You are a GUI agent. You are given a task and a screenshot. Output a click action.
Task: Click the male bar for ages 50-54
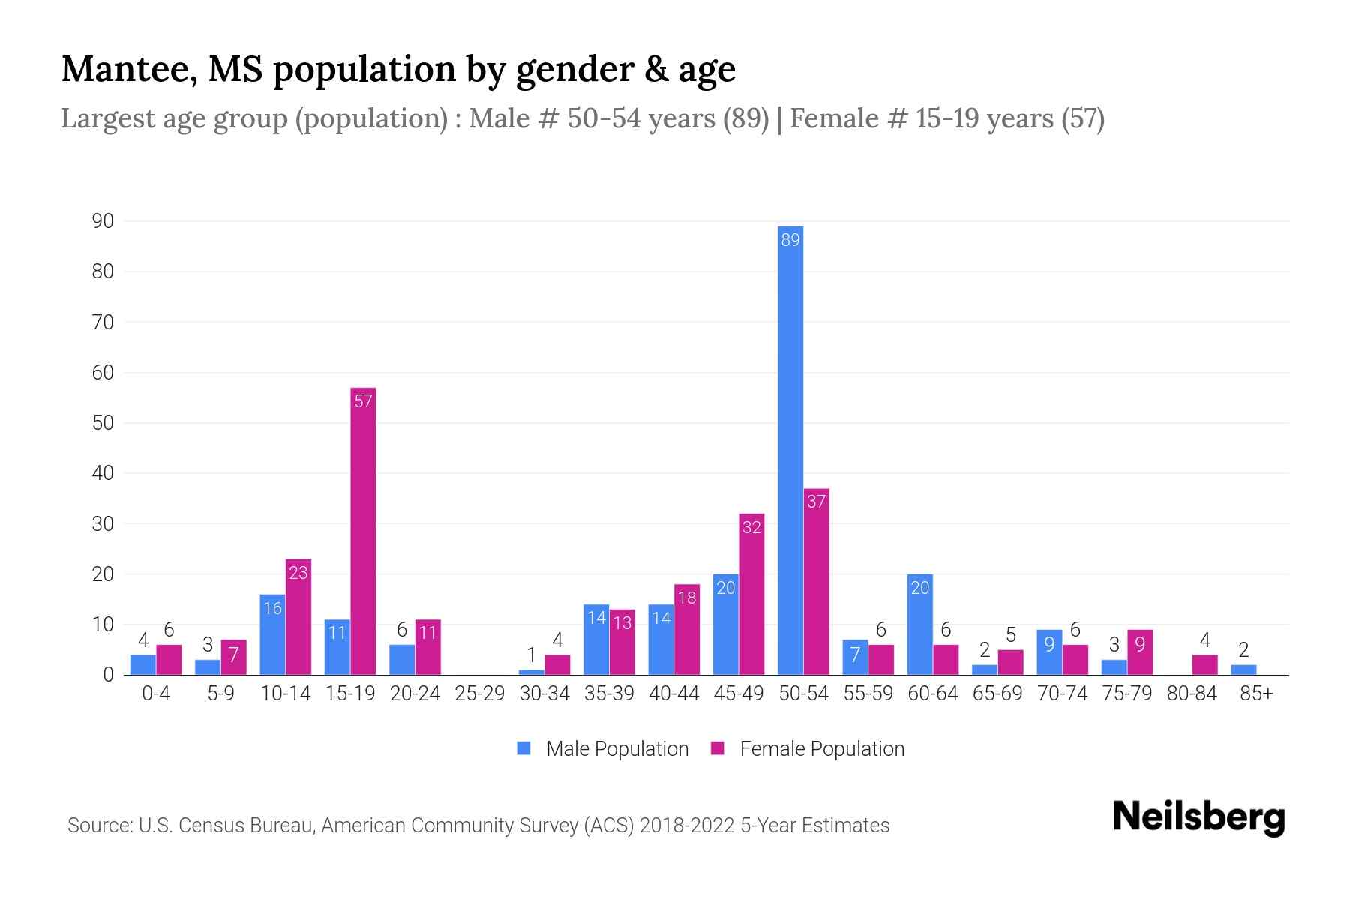(790, 450)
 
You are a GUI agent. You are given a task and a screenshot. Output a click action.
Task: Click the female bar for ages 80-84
(1204, 665)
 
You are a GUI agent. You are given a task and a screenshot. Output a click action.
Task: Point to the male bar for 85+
(1243, 670)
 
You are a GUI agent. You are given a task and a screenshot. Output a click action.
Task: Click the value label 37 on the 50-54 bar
(816, 502)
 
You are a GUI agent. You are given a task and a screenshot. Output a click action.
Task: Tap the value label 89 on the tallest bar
(790, 240)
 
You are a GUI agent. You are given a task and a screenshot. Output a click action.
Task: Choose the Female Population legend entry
(807, 748)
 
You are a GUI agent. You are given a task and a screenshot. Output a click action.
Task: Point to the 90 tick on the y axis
(103, 221)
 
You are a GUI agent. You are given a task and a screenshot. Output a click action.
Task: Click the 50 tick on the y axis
(103, 423)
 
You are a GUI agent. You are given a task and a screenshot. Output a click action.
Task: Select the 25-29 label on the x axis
(479, 694)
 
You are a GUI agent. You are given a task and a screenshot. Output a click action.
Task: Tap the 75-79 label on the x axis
(1126, 694)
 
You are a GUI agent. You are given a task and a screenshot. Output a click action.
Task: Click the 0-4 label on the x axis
(156, 694)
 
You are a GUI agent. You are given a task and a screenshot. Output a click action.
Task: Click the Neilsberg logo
(1198, 817)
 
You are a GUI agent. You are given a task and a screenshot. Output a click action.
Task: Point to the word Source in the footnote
(99, 826)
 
